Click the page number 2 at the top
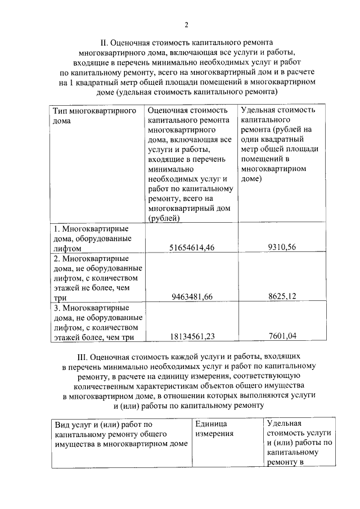click(186, 24)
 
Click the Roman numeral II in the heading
click(103, 42)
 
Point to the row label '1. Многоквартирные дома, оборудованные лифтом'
click(91, 238)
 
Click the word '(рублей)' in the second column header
click(164, 218)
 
